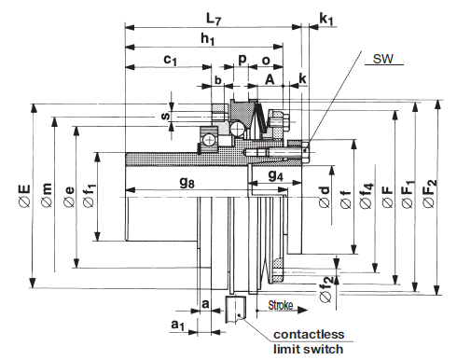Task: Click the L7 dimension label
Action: point(214,20)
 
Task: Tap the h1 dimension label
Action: point(207,39)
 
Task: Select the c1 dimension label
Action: point(170,60)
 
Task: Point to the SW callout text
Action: point(383,59)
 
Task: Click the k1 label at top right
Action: point(326,20)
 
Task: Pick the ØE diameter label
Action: point(24,196)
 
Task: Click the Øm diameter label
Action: point(47,195)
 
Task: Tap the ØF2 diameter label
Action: point(430,193)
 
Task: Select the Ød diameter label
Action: point(325,197)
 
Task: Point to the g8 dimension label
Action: point(187,182)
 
